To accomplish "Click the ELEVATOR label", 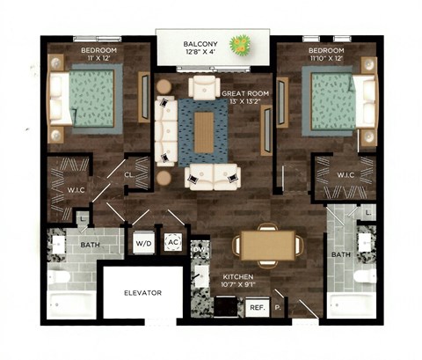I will click(142, 293).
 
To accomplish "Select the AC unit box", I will click(172, 243).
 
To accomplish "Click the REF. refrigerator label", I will click(257, 307).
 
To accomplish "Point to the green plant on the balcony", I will click(238, 42).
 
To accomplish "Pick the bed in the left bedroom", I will click(85, 99).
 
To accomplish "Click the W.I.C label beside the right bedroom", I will click(346, 174).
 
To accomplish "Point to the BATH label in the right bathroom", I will click(341, 254).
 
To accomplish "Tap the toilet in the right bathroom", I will click(361, 281).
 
